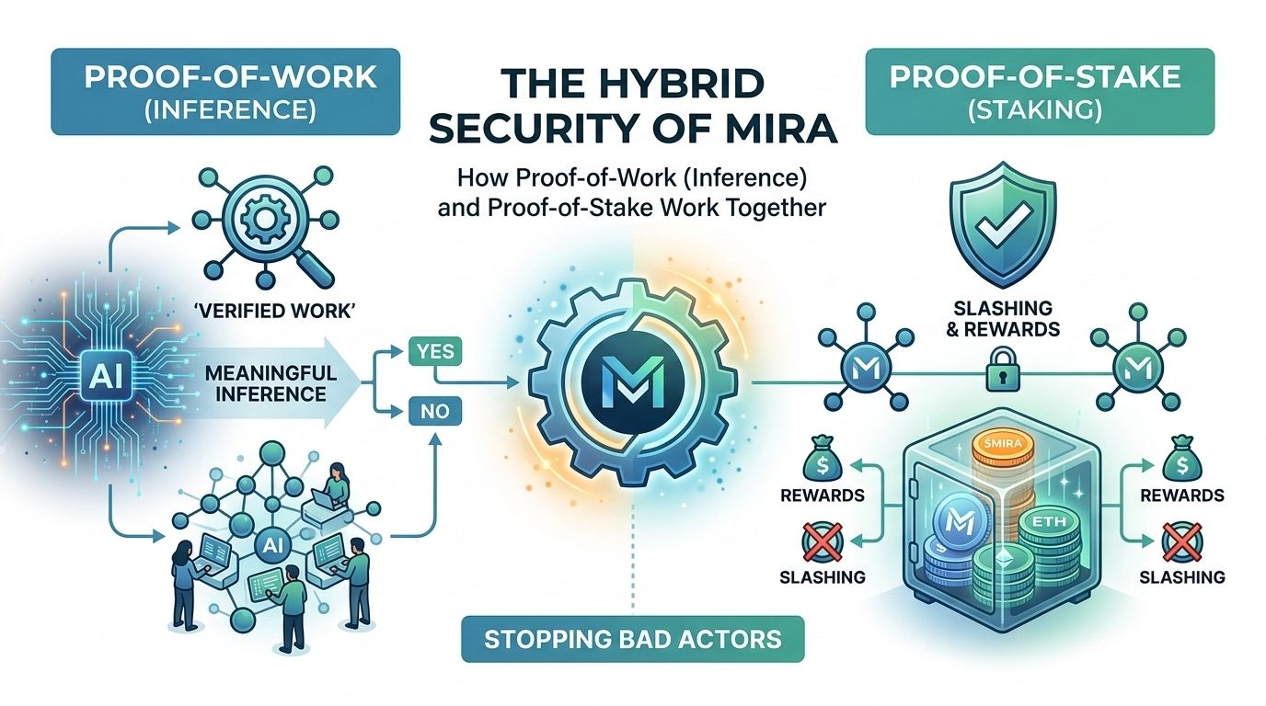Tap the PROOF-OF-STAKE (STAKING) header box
click(x=1040, y=92)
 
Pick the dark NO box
click(x=435, y=412)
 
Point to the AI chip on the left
click(x=98, y=374)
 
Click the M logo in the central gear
click(x=632, y=375)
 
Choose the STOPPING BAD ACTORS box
click(x=632, y=637)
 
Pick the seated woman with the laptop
click(x=333, y=485)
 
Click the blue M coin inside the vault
click(x=956, y=530)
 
